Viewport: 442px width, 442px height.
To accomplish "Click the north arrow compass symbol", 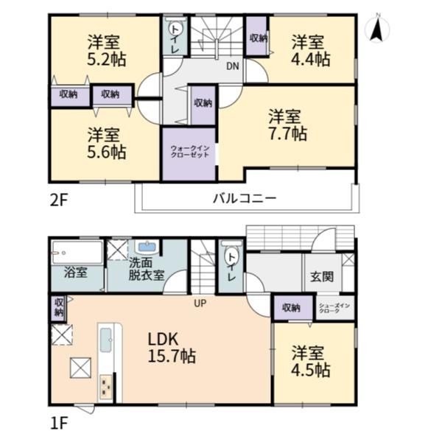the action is [377, 28].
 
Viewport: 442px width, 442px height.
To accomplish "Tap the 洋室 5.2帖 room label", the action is [106, 50].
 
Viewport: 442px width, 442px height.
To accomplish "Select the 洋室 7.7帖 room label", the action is [287, 125].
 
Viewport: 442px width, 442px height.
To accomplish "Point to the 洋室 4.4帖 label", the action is [311, 51].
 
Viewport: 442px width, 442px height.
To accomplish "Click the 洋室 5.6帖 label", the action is [106, 144].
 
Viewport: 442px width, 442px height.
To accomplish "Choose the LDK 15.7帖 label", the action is [172, 348].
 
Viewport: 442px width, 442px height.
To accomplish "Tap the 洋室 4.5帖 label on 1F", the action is [311, 362].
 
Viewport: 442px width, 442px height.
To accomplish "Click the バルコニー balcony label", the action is [245, 198].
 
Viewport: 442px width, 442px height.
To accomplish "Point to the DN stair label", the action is [233, 66].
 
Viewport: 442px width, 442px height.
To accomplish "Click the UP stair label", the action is [200, 304].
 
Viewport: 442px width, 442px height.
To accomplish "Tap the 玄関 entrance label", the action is [322, 276].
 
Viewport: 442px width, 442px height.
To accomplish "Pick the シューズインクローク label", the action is [334, 308].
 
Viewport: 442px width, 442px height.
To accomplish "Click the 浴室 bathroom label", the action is [76, 273].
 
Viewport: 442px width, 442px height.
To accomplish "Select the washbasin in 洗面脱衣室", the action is [147, 247].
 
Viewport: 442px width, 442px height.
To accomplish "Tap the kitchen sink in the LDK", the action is [106, 340].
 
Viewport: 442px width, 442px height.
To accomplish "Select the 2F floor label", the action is [59, 200].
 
